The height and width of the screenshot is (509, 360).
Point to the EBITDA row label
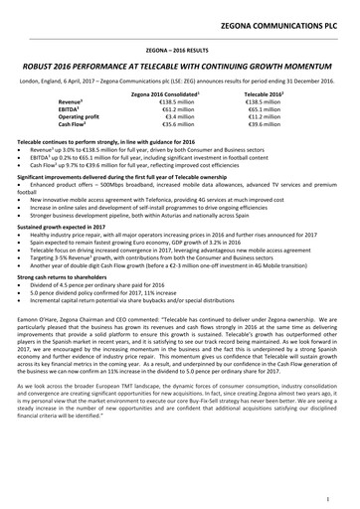97,108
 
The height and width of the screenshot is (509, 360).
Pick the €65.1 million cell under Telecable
261,108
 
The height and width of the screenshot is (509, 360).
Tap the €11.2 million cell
261,116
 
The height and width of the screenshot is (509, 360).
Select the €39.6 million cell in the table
261,125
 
